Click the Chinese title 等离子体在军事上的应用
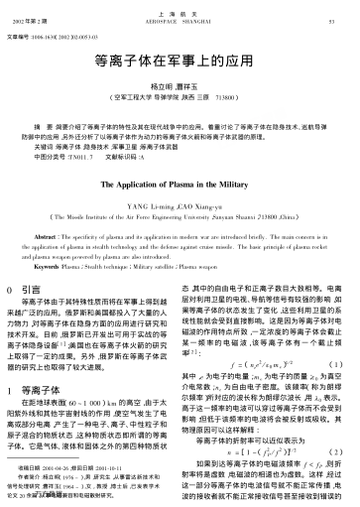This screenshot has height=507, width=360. (x=180, y=87)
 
